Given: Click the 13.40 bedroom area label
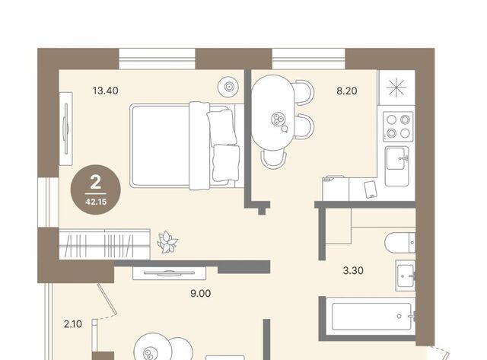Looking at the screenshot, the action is tap(105, 91).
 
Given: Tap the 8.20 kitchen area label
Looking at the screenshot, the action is tap(347, 91).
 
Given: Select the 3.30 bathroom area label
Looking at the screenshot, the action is tap(353, 270).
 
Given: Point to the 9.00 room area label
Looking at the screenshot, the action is tap(201, 293).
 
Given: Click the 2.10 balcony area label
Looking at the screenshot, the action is tap(73, 324).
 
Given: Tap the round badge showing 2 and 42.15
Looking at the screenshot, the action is tap(96, 190).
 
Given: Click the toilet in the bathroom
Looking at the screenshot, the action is tap(400, 243).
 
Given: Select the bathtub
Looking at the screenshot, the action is tap(371, 317).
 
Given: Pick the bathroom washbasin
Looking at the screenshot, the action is tap(406, 276).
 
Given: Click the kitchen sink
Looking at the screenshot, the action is tap(396, 166).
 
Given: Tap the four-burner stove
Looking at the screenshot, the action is tap(398, 127).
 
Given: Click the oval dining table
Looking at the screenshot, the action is tap(272, 113).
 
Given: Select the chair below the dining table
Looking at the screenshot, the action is tap(274, 159).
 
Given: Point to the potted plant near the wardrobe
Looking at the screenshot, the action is tap(167, 242).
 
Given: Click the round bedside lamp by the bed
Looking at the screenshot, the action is tap(228, 86).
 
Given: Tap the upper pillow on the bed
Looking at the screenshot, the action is tap(221, 127).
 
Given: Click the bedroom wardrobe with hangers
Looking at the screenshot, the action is tap(105, 244).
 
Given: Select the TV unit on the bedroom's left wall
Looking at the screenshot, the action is tap(66, 129).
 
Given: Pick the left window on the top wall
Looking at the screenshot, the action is tap(157, 59).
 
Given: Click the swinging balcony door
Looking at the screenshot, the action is tap(107, 299).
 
